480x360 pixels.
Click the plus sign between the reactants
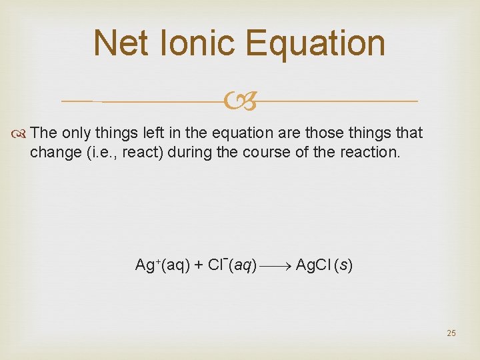198,265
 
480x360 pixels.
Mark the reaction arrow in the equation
275,265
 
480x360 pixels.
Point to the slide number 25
451,333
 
